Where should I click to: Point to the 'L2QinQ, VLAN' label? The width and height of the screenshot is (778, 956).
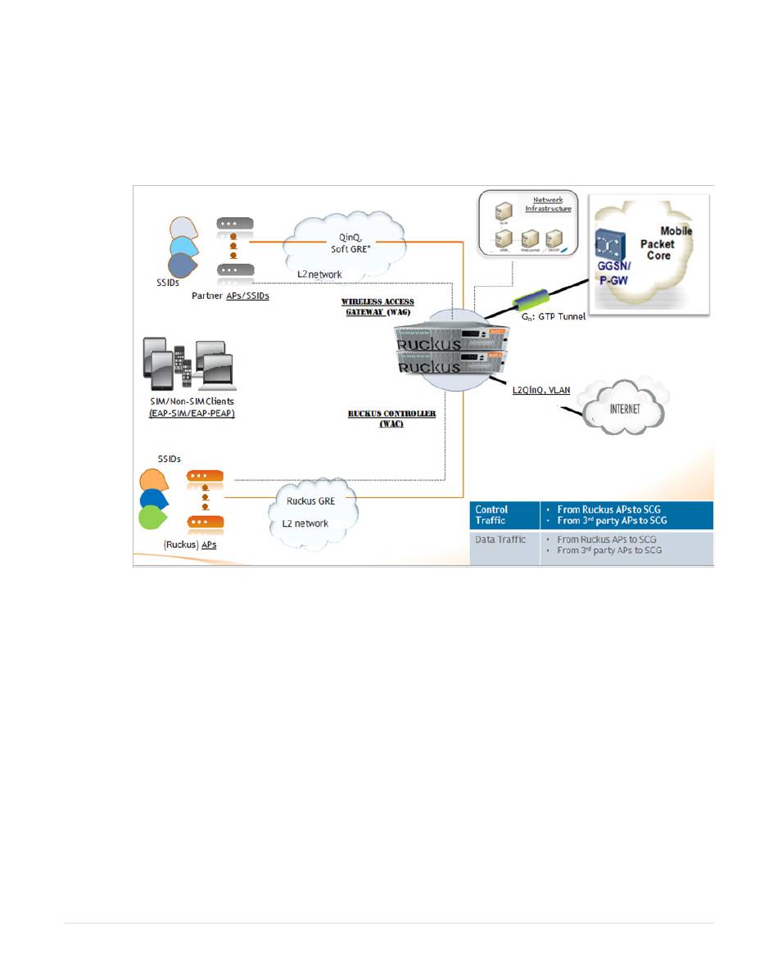tap(541, 390)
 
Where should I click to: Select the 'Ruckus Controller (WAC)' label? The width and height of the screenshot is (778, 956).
tap(391, 419)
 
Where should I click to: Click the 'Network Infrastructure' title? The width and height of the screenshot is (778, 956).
tap(554, 204)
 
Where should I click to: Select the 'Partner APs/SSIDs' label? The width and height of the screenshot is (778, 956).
tap(230, 296)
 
